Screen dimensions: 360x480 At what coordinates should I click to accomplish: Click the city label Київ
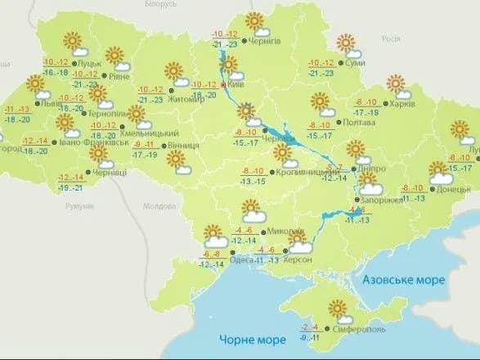point(237,84)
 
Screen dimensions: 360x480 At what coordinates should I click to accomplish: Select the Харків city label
point(402,104)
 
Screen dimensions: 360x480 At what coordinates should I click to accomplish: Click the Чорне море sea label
point(251,339)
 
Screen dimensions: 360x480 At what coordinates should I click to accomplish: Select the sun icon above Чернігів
point(255,22)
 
